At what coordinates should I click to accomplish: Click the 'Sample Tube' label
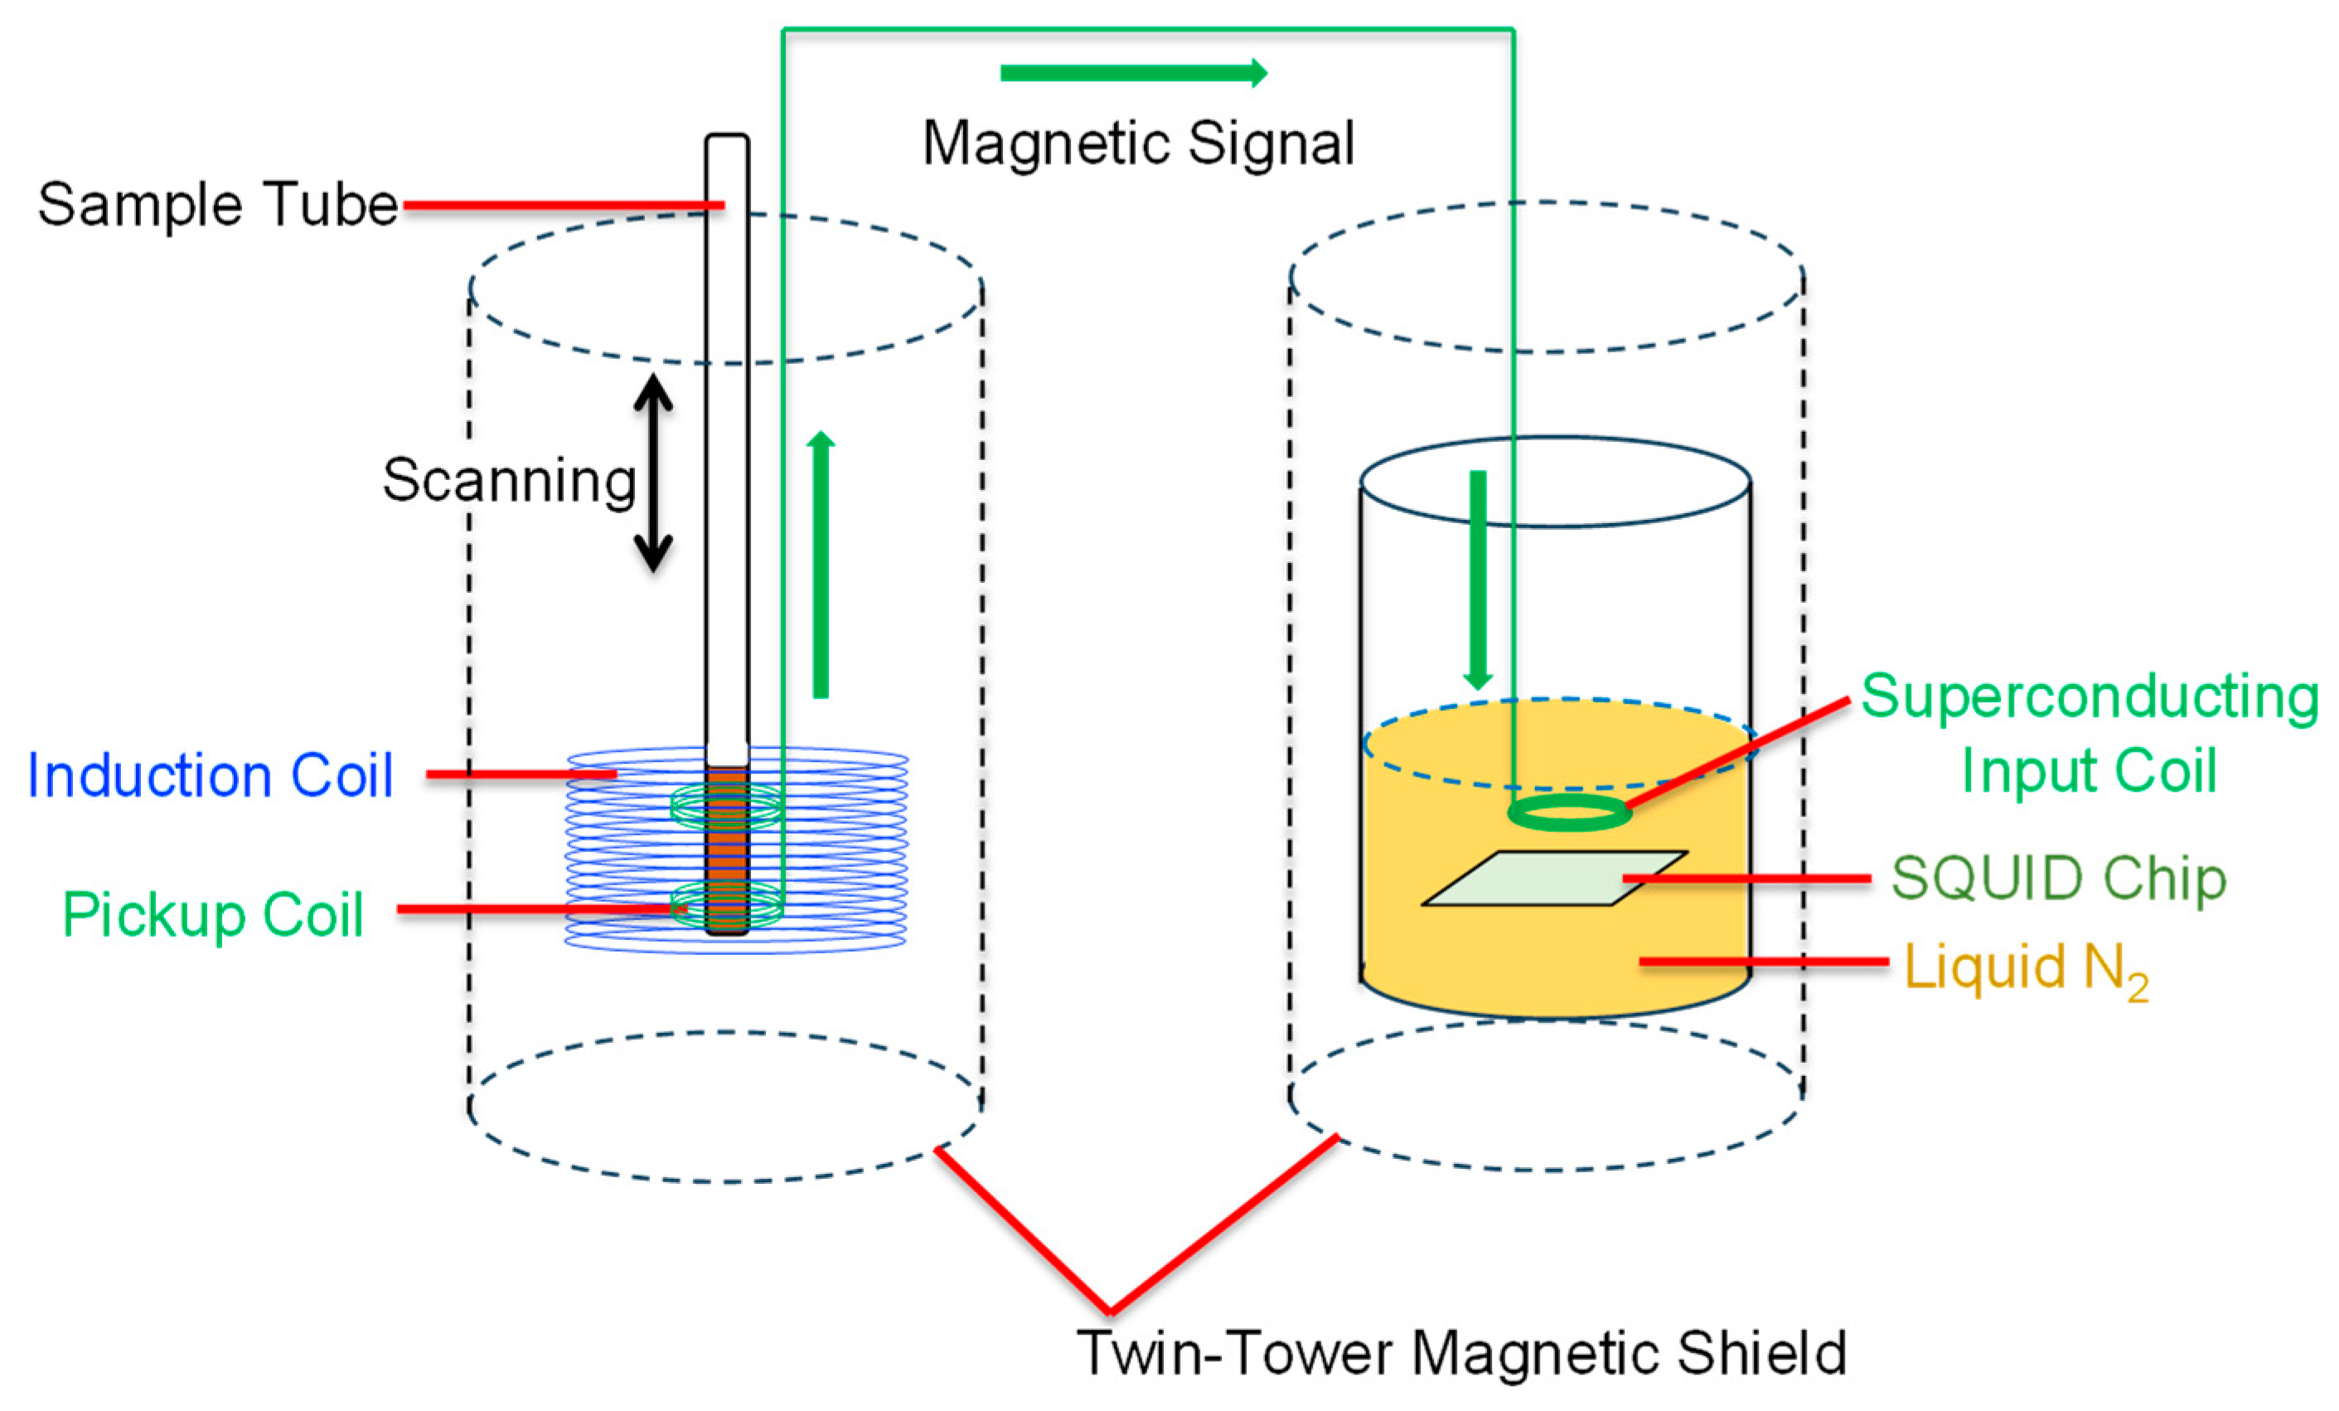(217, 204)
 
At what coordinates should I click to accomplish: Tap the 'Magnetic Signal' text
(1138, 144)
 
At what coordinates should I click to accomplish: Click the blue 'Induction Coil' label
(210, 775)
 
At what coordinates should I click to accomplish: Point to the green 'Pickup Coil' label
(213, 914)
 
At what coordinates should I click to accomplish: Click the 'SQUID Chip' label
(2058, 878)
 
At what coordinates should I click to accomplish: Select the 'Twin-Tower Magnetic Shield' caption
(1461, 1352)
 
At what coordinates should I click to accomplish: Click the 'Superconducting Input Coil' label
(2090, 732)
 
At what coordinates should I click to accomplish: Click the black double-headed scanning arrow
(653, 473)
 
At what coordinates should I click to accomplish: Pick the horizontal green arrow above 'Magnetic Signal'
(1133, 73)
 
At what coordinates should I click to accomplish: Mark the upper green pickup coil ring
(727, 806)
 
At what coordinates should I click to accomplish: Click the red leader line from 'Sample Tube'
(564, 205)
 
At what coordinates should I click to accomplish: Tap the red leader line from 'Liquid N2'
(1764, 962)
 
